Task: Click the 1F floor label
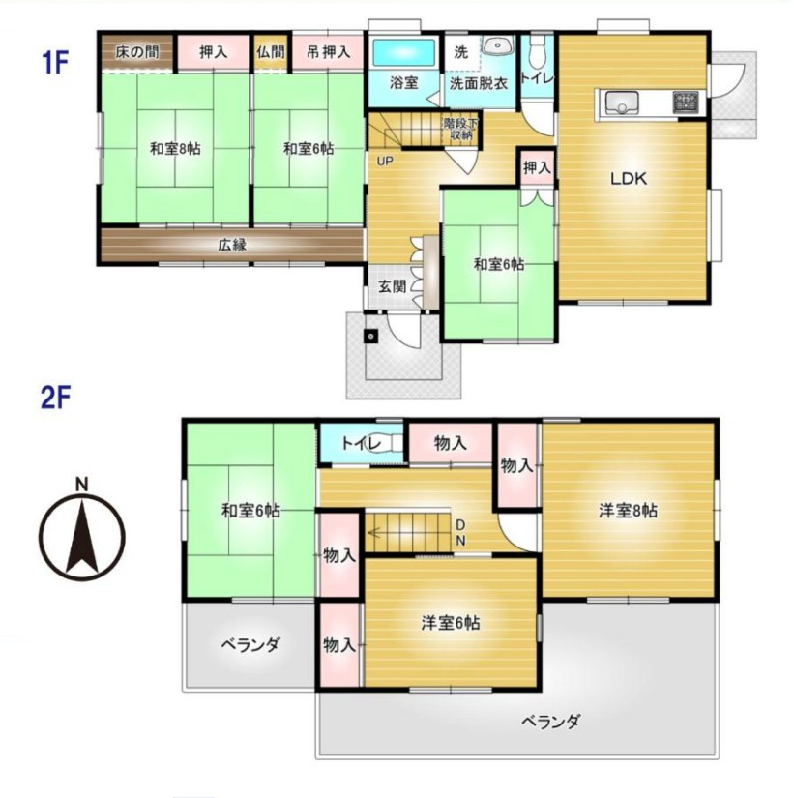click(54, 64)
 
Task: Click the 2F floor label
click(54, 398)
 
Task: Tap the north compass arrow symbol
click(82, 532)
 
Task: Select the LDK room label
click(632, 179)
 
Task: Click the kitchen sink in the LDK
click(620, 101)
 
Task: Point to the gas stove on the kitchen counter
click(686, 101)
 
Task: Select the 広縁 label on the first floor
click(231, 245)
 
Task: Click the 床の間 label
click(137, 51)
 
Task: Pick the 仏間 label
click(270, 51)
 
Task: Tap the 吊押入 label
click(327, 51)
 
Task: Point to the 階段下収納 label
click(458, 129)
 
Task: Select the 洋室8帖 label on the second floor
click(628, 510)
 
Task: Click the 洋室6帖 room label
click(450, 623)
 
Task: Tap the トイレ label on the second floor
click(359, 443)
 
